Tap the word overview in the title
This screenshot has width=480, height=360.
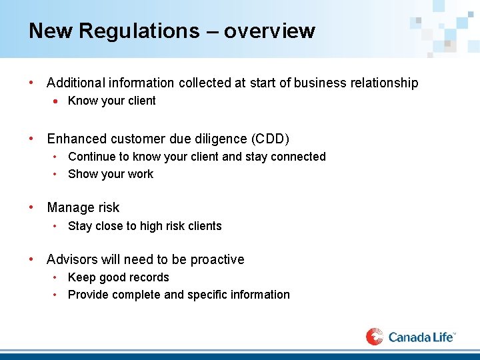pos(269,31)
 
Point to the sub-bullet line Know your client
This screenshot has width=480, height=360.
pos(111,101)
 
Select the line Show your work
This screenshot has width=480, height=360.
pos(110,174)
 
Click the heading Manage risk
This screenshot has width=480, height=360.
pos(83,208)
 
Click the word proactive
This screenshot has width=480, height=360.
pos(217,259)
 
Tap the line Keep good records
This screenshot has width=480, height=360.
pos(118,277)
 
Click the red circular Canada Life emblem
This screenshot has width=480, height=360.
pos(375,337)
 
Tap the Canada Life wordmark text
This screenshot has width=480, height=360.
pos(420,337)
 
